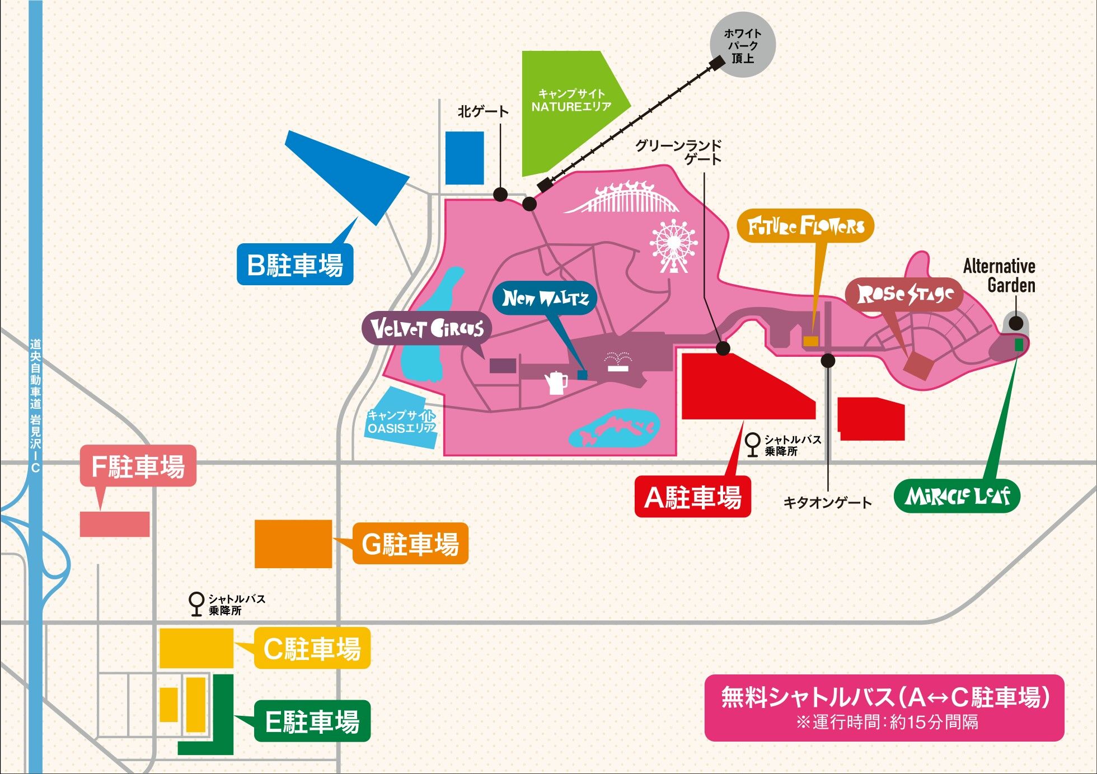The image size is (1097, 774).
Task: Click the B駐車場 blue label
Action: (x=295, y=265)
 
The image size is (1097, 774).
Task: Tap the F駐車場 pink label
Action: (x=138, y=466)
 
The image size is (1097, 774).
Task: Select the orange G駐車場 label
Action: (x=410, y=544)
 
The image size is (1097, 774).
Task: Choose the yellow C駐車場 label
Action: (x=312, y=649)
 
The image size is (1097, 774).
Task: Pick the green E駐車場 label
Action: (x=312, y=721)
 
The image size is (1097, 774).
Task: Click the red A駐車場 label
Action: (x=692, y=497)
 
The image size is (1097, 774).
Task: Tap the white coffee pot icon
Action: (x=556, y=383)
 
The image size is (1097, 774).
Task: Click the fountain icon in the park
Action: (x=618, y=361)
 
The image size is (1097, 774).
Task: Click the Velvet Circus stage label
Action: (x=427, y=329)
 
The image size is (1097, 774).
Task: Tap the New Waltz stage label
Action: (x=545, y=298)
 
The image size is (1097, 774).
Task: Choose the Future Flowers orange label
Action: (x=805, y=226)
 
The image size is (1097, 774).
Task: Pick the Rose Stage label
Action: (x=904, y=295)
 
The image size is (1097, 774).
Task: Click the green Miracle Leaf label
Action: (x=957, y=496)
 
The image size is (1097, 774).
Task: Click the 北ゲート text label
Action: (x=483, y=111)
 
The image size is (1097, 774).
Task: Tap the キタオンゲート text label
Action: (x=827, y=503)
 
